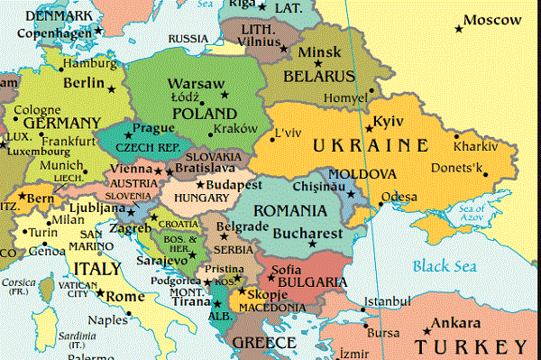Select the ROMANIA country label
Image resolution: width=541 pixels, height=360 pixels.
[289, 210]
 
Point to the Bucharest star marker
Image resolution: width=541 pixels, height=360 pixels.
[313, 243]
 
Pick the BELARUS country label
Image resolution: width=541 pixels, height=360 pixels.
[320, 76]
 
